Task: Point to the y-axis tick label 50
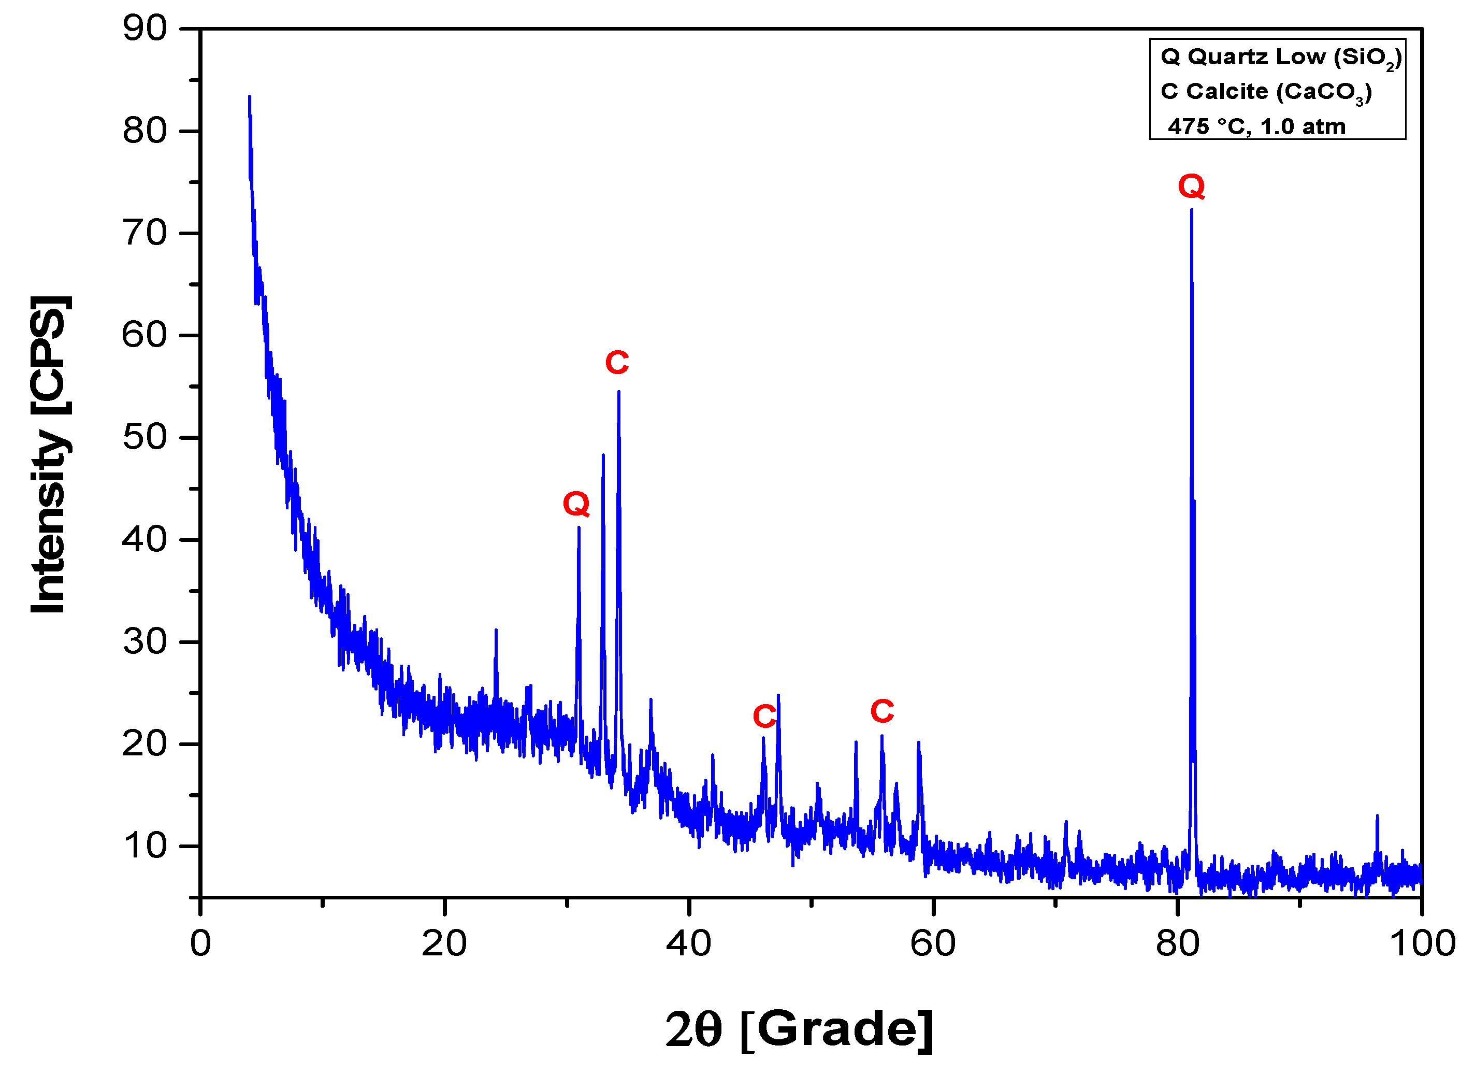click(144, 437)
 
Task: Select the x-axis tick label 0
click(200, 943)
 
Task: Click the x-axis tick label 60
click(933, 943)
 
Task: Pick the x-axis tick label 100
click(1422, 943)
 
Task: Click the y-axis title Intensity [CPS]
click(49, 454)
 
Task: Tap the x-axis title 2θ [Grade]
click(799, 1029)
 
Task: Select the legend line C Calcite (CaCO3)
click(1266, 92)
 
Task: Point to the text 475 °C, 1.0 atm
click(1256, 126)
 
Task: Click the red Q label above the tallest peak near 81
click(1192, 187)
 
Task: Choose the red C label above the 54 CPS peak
click(616, 362)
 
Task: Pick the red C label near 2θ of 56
click(882, 711)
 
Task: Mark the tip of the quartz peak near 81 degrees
click(1192, 209)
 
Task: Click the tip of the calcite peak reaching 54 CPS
click(618, 392)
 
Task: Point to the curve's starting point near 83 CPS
click(249, 97)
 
